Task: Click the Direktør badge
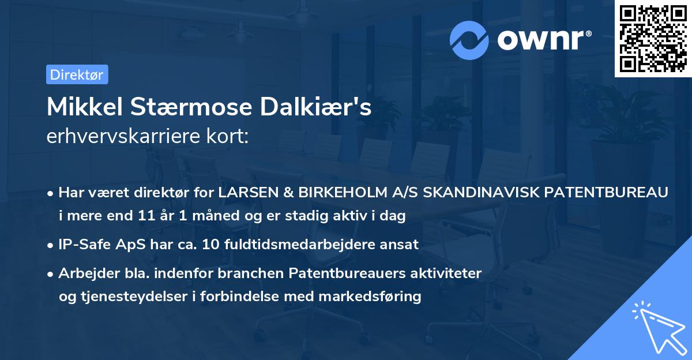(77, 74)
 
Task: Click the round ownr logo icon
(469, 40)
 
